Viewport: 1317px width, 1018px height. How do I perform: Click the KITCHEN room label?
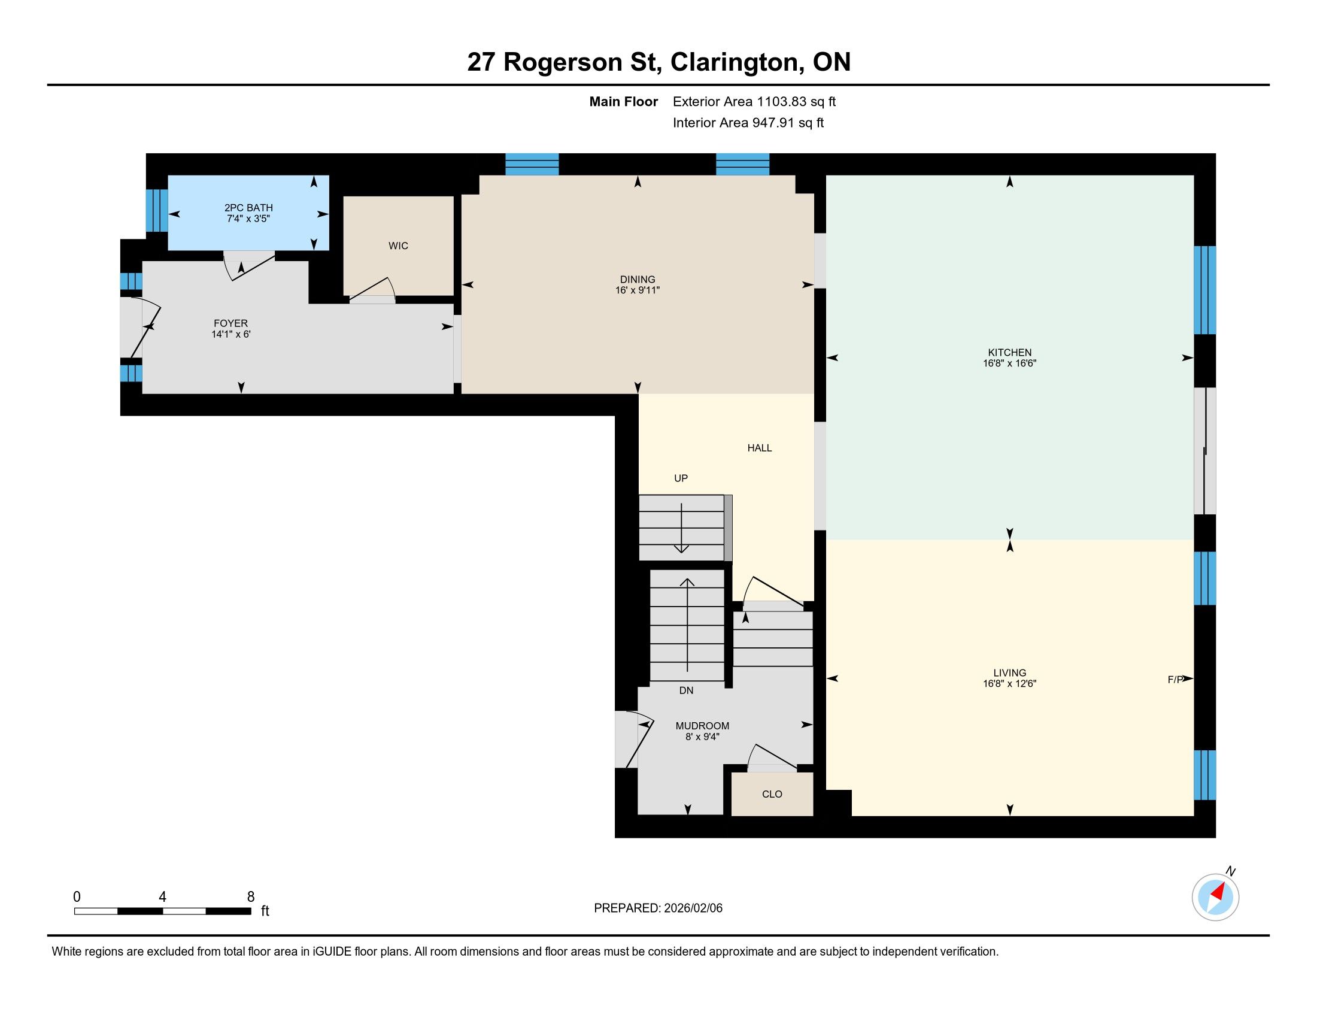pos(1009,352)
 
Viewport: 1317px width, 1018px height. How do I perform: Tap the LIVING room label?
pos(1009,672)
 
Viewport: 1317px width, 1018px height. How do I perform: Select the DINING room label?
pos(638,279)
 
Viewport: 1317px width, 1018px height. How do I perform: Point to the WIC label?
pos(398,246)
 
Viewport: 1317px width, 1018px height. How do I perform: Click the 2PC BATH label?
pos(248,207)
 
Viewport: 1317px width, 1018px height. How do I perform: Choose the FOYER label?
pos(230,323)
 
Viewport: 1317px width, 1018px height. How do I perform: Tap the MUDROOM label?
pos(703,726)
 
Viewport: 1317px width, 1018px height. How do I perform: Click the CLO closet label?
pos(772,794)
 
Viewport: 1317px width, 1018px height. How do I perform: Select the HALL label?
pos(759,447)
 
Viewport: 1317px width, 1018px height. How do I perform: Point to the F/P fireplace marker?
pos(1175,680)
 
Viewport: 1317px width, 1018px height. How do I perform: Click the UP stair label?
pos(681,478)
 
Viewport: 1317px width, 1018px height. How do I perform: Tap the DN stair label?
pos(686,690)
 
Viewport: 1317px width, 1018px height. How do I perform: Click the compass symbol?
pos(1215,897)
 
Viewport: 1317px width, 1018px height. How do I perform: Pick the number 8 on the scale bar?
pos(251,897)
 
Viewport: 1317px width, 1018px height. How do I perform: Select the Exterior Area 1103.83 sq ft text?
pos(754,101)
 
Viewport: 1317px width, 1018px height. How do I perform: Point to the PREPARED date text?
pos(658,908)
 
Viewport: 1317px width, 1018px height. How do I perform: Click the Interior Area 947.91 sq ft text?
pos(748,122)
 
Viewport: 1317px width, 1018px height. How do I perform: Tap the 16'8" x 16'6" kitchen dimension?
pos(1009,363)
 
